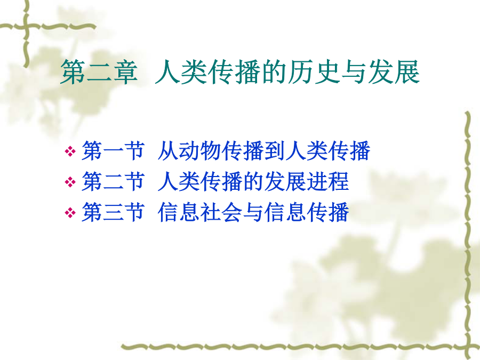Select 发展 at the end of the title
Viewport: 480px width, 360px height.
[x=394, y=72]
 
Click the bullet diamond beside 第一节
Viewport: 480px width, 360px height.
[x=70, y=151]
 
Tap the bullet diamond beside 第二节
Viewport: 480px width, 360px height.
[x=70, y=182]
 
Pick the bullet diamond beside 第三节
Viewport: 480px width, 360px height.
[x=70, y=212]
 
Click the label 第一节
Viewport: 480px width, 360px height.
[x=113, y=150]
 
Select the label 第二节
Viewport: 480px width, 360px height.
[x=113, y=181]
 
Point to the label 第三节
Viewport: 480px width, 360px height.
[x=113, y=212]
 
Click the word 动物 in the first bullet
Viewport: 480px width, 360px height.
[x=200, y=150]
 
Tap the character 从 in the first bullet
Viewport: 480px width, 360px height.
[x=168, y=150]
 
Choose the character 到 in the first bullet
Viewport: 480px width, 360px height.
[x=275, y=150]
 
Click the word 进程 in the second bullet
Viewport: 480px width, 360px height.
[x=328, y=181]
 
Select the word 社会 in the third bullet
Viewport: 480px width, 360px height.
[x=221, y=212]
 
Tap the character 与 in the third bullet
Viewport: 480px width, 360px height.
[x=253, y=212]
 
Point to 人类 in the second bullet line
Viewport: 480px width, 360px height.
[x=179, y=181]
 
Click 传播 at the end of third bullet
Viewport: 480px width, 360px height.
[x=328, y=212]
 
